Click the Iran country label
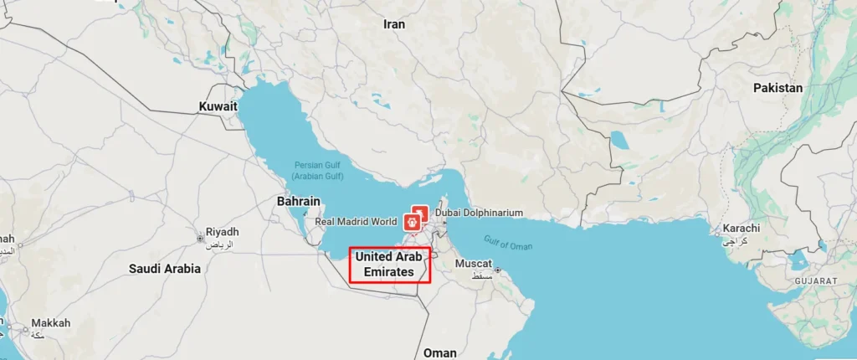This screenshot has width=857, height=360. tap(394, 24)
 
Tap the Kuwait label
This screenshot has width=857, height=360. tap(218, 106)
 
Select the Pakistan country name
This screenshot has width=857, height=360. tap(777, 88)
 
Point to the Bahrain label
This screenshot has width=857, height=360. tap(299, 202)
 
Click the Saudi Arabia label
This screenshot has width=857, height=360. tap(164, 269)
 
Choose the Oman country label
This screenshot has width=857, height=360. tap(440, 352)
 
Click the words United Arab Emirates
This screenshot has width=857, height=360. tap(389, 264)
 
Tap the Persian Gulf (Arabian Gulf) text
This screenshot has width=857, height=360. tap(318, 170)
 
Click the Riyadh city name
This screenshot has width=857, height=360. tap(222, 232)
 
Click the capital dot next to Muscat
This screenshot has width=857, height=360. tap(496, 270)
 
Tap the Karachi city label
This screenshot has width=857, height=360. tap(742, 228)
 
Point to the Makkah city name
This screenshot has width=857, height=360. tap(50, 323)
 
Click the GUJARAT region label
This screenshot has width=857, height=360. tap(817, 280)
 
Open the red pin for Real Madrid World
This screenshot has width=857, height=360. tap(412, 222)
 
